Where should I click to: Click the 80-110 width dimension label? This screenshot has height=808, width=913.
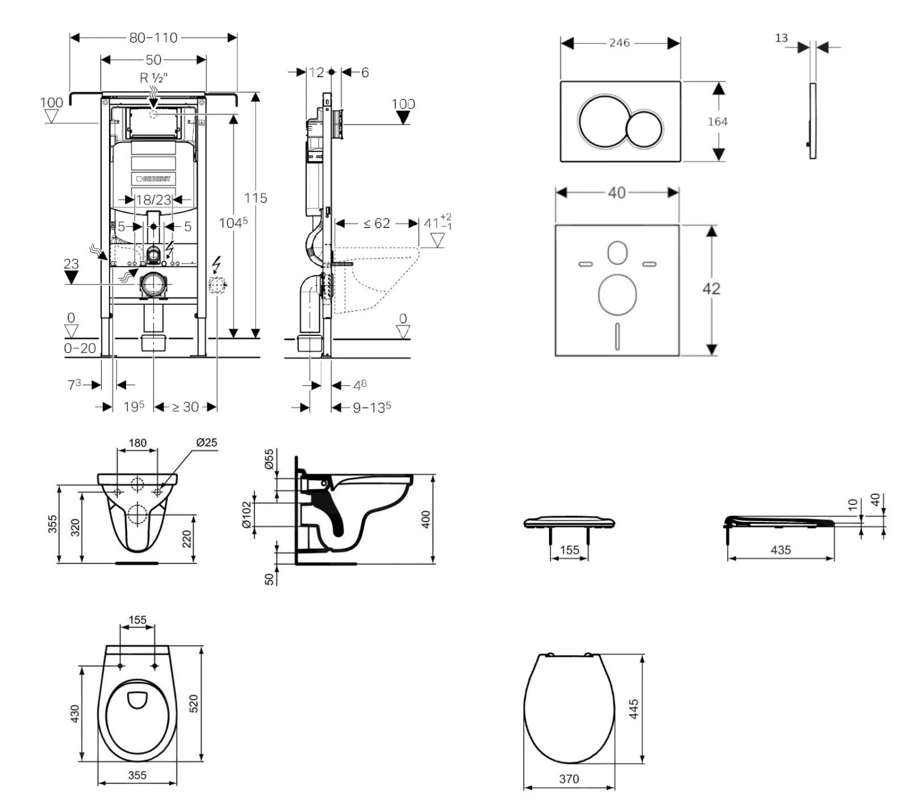click(x=153, y=38)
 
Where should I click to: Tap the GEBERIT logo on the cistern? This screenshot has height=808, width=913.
click(x=153, y=179)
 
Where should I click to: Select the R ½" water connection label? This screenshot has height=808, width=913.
click(x=153, y=78)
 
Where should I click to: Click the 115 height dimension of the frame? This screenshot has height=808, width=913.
click(x=256, y=198)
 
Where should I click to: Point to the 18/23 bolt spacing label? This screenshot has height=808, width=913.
click(x=153, y=200)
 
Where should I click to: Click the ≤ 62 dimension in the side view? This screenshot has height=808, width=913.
click(x=377, y=224)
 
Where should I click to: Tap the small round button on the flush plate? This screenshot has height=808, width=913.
click(x=644, y=129)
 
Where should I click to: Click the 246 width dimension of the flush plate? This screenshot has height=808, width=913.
click(x=619, y=43)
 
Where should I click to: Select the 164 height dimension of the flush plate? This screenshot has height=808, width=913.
click(x=718, y=122)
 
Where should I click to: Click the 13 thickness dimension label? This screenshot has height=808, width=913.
click(x=781, y=38)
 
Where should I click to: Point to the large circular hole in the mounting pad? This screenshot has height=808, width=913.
click(x=617, y=295)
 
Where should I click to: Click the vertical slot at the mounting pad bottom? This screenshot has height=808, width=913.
click(x=617, y=336)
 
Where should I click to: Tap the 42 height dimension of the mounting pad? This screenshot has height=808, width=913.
click(x=711, y=288)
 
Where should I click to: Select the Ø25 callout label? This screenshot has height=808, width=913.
click(x=206, y=442)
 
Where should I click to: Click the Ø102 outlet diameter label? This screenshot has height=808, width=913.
click(x=247, y=515)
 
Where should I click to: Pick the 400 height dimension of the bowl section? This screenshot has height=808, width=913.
click(x=426, y=519)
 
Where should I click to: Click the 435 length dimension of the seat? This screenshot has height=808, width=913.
click(x=780, y=550)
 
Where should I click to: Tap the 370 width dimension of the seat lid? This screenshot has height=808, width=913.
click(x=569, y=779)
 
